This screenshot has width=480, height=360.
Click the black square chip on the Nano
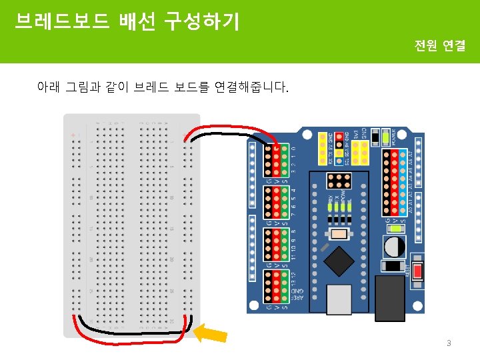pos(341,259)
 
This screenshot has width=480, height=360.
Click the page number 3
pos(449,343)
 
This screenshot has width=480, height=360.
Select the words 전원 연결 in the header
pos(440,46)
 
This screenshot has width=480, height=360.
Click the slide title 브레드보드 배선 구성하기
pos(127,22)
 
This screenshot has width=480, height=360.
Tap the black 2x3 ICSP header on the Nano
pos(339,181)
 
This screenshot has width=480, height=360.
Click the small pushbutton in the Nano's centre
pos(340,234)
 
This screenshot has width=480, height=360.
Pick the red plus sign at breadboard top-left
pos(73,135)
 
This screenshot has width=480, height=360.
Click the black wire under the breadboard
pos(133,331)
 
